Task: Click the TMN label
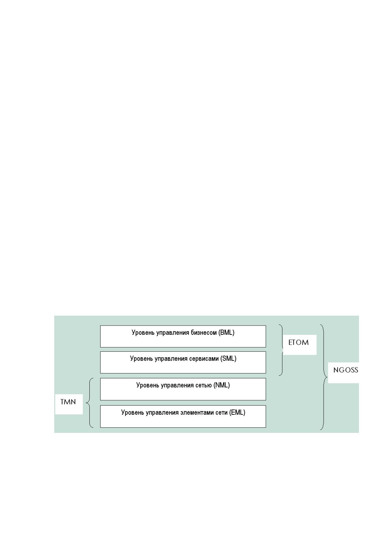pyautogui.click(x=68, y=402)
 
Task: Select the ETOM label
pyautogui.click(x=298, y=342)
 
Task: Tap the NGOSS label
pyautogui.click(x=346, y=370)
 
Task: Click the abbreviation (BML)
pyautogui.click(x=226, y=333)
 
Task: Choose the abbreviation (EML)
pyautogui.click(x=237, y=412)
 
